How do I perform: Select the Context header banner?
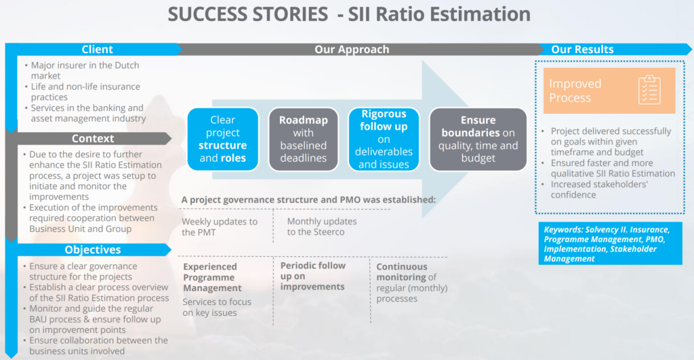coord(93,138)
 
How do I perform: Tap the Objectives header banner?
coord(93,249)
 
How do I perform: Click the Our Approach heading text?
coord(352,49)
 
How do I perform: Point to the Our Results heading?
coord(582,49)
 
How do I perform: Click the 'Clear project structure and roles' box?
coord(222,139)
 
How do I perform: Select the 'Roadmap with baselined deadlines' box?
coord(303,139)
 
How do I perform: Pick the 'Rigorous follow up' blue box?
coord(384,139)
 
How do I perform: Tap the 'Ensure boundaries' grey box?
coord(478,139)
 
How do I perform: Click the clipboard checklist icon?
coord(649,90)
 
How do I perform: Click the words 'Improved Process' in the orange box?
coord(575,90)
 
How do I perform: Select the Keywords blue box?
coord(611,243)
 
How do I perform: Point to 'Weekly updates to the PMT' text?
coord(220,226)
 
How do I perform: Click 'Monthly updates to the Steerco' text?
coord(322,226)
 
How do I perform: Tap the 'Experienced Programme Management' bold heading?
coord(212,277)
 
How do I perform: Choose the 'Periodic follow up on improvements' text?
coord(312,276)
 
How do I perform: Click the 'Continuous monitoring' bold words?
coord(401,272)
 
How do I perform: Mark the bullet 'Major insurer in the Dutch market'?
coord(82,71)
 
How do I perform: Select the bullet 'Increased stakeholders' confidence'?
coord(596,190)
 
